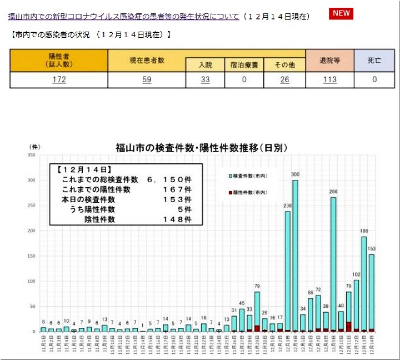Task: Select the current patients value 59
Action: coord(147,79)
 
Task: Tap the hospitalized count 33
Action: coord(205,79)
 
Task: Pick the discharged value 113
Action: coord(329,79)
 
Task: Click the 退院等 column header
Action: coord(329,60)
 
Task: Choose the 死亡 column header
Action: coord(374,60)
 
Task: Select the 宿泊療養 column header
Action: coord(244,65)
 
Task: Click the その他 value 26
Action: coord(284,79)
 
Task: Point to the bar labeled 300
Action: coord(295,256)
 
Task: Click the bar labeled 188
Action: coord(363,283)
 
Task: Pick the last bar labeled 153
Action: coord(371,292)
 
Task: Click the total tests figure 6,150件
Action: coord(169,180)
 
